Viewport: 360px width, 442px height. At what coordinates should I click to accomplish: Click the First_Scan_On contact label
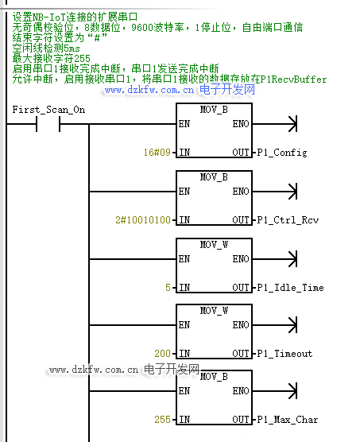tap(48, 110)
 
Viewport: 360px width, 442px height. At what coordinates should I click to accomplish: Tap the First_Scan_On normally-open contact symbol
tap(48, 124)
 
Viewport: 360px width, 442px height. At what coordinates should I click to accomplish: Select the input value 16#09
tap(157, 153)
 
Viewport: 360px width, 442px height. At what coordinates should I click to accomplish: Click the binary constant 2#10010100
tap(143, 220)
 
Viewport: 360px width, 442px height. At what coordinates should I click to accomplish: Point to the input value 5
tap(168, 288)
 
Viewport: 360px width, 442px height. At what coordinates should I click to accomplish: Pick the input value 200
tap(163, 354)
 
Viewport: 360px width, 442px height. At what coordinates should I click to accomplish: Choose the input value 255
tap(163, 420)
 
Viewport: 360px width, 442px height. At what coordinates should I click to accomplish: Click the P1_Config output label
tap(282, 153)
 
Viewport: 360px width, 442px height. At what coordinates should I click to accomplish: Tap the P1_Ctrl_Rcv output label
tap(288, 220)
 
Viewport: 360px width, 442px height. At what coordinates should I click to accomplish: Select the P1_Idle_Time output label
tap(290, 288)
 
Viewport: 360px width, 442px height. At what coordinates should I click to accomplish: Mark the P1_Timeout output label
tap(285, 354)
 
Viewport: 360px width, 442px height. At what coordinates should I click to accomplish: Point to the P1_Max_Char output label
tap(288, 420)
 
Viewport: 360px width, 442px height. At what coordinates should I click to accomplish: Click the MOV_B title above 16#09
tap(214, 110)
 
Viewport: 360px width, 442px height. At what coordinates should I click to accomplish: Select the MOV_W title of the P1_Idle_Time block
tap(214, 244)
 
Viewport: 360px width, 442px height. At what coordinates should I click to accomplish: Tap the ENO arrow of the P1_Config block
tap(275, 124)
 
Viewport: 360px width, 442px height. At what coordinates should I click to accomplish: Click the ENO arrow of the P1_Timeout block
tap(275, 325)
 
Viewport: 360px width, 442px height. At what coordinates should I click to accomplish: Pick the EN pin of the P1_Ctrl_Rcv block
tap(184, 192)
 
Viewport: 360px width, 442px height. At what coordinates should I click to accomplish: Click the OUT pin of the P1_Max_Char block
tap(241, 420)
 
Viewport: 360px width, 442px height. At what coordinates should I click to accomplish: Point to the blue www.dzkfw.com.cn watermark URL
tap(149, 90)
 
